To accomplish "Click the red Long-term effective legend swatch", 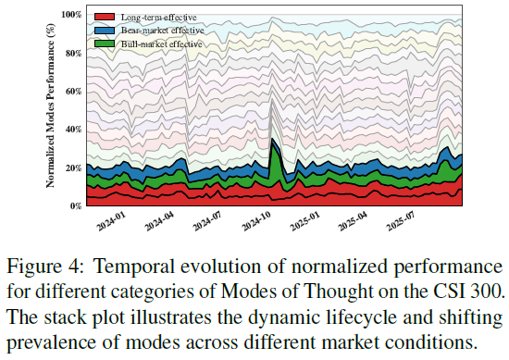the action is (105, 17).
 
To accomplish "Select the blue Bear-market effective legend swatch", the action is (105, 31).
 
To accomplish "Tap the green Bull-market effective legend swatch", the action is (105, 43).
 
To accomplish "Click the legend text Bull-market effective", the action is (162, 43).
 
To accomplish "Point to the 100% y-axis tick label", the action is (71, 15).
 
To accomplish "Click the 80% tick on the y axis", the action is (73, 53).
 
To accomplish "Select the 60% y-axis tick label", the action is (73, 92).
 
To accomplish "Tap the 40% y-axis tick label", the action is (73, 130).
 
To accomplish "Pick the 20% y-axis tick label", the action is (73, 168).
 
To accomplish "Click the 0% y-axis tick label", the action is (76, 206).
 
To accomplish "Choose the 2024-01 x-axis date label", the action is (111, 221).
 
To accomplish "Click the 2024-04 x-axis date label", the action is (159, 221).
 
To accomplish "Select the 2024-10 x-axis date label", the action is (256, 221).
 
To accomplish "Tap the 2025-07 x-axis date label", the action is (401, 221).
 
